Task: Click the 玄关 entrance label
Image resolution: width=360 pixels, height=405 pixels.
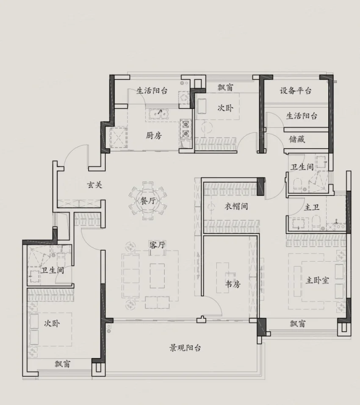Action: pyautogui.click(x=94, y=185)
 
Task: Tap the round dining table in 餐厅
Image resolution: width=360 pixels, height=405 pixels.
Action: pyautogui.click(x=148, y=201)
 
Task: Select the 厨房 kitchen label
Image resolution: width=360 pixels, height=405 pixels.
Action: pyautogui.click(x=154, y=135)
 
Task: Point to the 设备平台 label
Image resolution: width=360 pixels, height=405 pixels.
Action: pyautogui.click(x=295, y=91)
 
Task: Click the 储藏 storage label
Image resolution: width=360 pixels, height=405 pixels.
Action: pyautogui.click(x=297, y=139)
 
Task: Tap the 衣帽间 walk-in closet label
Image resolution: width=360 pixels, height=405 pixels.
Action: pyautogui.click(x=236, y=206)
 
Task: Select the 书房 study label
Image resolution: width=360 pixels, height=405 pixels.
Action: pyautogui.click(x=233, y=284)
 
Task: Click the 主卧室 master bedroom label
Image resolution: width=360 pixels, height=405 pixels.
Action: pyautogui.click(x=317, y=280)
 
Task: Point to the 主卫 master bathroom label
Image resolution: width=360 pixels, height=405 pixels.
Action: pyautogui.click(x=312, y=207)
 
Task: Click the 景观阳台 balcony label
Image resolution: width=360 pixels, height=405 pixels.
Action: pyautogui.click(x=185, y=348)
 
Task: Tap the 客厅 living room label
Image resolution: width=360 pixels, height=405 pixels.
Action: pyautogui.click(x=157, y=245)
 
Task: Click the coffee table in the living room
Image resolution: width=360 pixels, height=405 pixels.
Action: pyautogui.click(x=157, y=276)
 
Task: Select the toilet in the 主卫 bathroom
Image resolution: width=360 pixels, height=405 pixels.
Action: pyautogui.click(x=316, y=222)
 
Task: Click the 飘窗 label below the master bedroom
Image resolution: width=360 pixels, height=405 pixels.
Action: pyautogui.click(x=298, y=323)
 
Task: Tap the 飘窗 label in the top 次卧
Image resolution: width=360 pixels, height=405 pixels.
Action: pyautogui.click(x=225, y=87)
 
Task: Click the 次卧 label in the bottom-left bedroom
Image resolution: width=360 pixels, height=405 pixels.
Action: pyautogui.click(x=52, y=323)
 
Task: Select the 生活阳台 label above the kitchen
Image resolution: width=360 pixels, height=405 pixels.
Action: pyautogui.click(x=152, y=91)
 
